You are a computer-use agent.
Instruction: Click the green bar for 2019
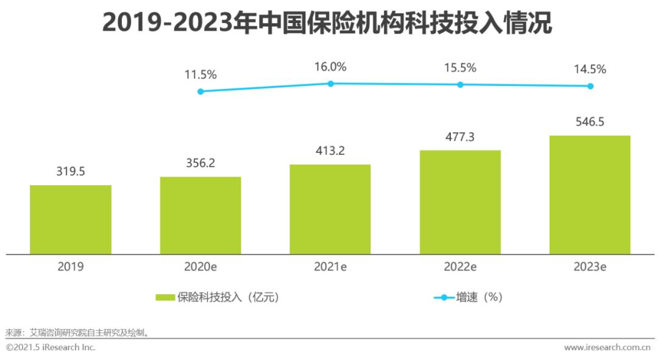tap(71, 219)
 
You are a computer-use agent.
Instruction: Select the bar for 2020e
tap(200, 215)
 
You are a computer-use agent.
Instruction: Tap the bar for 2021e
tap(330, 209)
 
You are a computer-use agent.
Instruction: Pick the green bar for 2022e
tap(460, 202)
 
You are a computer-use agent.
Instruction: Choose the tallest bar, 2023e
tap(590, 194)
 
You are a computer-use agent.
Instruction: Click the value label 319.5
tap(71, 172)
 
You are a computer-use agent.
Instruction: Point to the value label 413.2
tap(330, 151)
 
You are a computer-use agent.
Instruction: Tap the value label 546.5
tap(590, 122)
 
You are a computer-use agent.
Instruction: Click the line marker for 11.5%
tap(200, 91)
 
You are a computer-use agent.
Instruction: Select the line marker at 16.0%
tap(331, 83)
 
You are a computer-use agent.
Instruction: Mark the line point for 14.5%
tap(590, 86)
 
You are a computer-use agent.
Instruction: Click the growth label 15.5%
tap(460, 68)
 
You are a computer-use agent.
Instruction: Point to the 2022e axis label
tap(460, 267)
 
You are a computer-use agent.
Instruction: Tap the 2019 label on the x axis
tap(71, 267)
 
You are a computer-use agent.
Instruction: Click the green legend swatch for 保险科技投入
tap(165, 297)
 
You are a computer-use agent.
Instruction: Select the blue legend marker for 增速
tap(444, 297)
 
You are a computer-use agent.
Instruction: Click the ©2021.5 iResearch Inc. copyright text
tap(51, 347)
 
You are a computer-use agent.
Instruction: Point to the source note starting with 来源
tap(77, 333)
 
